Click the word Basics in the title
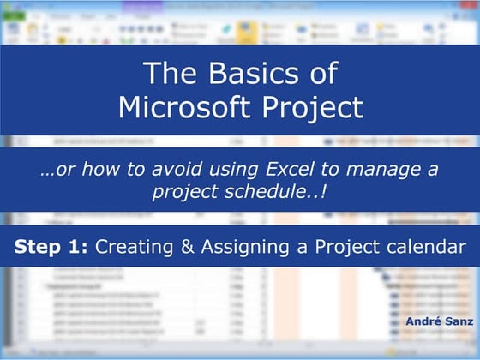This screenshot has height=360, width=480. (246, 75)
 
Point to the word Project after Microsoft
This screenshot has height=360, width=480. (309, 108)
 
